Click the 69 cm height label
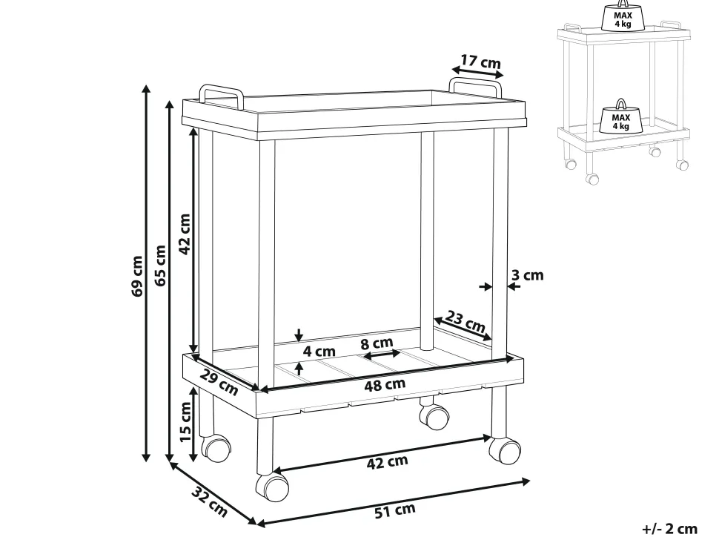[136, 276]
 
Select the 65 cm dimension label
[160, 266]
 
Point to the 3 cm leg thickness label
[527, 275]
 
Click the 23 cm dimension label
[465, 322]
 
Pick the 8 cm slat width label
[377, 343]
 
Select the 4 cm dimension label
[319, 352]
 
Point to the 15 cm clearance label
[185, 421]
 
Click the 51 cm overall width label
[395, 510]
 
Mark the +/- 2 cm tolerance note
[669, 529]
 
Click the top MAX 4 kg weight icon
[623, 18]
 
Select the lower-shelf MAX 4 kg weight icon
[620, 117]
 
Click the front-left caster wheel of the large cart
[272, 487]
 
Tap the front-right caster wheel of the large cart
[504, 450]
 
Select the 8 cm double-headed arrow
[382, 355]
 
